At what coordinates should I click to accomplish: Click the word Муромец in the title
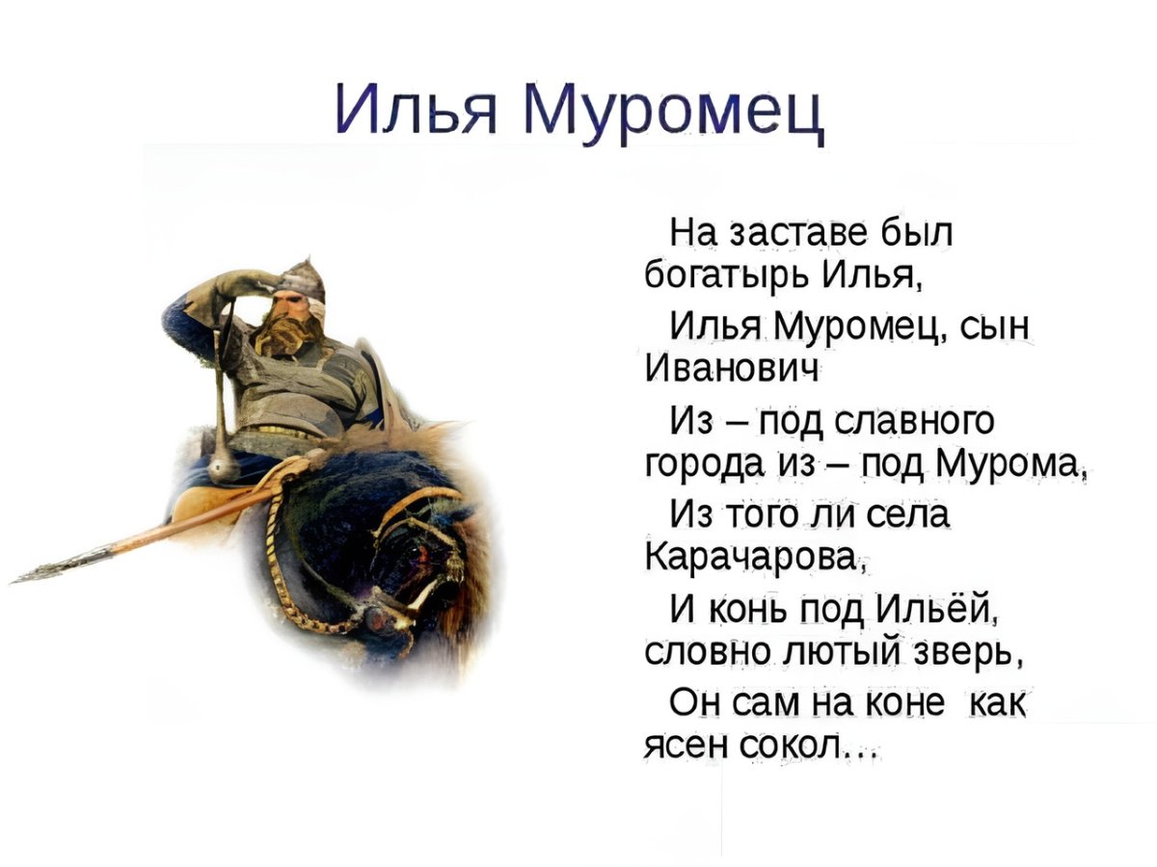[x=672, y=111]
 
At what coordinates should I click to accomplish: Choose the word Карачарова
[x=756, y=557]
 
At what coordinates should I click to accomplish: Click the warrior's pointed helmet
[x=302, y=278]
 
